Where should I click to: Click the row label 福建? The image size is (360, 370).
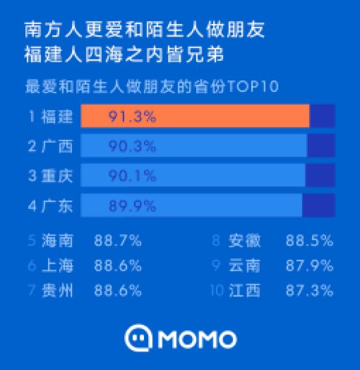[x=57, y=116]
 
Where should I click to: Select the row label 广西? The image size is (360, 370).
[x=57, y=146]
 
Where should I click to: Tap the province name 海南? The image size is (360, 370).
[x=58, y=241]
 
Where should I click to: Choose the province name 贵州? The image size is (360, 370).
[x=58, y=291]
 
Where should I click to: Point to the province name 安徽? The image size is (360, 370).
[x=245, y=241]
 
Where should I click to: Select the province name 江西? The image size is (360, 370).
[x=245, y=291]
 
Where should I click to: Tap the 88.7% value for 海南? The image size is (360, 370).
[x=118, y=241]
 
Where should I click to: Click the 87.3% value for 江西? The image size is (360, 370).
[x=309, y=291]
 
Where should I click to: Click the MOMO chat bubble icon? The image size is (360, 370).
[x=137, y=339]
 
